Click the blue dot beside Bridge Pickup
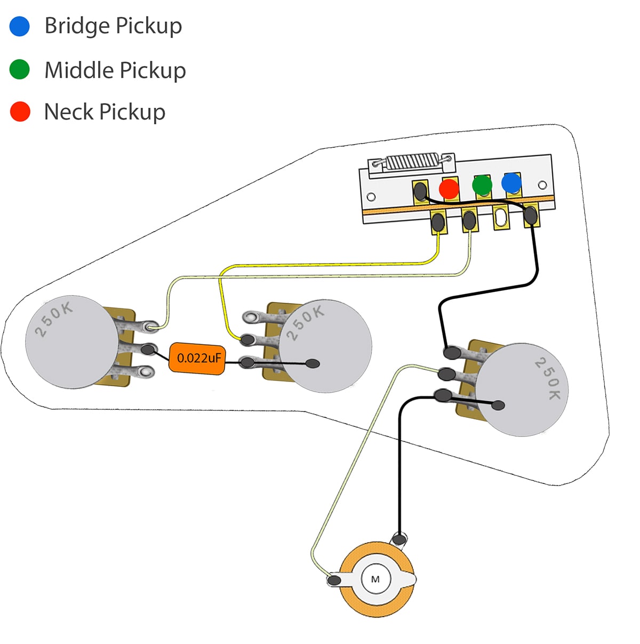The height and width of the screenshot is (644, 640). click(x=20, y=26)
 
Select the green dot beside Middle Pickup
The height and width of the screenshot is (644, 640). click(x=20, y=69)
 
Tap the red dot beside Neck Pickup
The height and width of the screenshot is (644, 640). click(x=20, y=112)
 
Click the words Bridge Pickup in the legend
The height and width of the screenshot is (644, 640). click(x=113, y=26)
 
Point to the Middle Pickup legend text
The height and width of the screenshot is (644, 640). click(x=115, y=70)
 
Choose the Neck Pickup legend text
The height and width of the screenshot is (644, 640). click(x=105, y=112)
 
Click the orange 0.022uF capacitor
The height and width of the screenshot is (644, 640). click(x=197, y=359)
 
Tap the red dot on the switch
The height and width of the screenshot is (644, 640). click(x=449, y=189)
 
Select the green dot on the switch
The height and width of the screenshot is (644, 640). click(x=482, y=185)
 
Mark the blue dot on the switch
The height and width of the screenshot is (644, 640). click(x=511, y=183)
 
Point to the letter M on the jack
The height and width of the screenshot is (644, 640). click(x=375, y=579)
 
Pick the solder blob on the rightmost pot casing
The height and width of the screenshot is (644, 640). click(x=498, y=405)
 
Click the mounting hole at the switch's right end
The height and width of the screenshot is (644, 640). click(x=542, y=185)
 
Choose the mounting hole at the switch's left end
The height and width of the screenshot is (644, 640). click(x=371, y=197)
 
